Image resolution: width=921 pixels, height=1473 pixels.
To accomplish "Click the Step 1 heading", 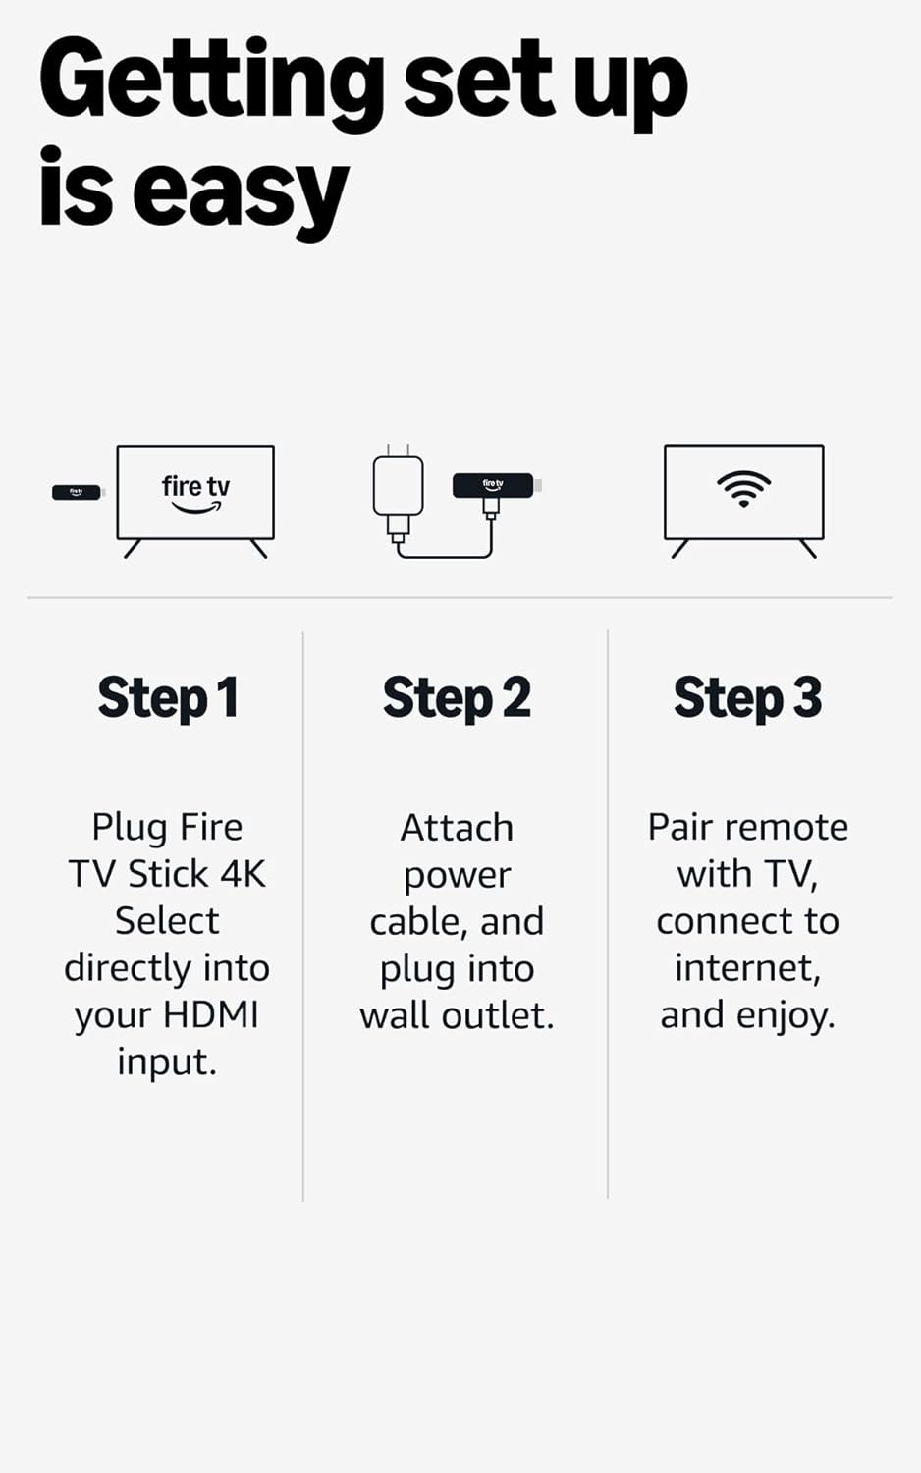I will click(168, 698).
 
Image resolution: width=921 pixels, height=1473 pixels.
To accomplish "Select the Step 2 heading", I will click(457, 698).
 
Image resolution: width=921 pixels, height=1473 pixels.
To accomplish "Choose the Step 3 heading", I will click(747, 698).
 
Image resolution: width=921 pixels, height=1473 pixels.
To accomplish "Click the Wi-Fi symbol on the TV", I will click(743, 487).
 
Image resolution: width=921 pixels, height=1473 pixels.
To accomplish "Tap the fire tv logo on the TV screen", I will click(195, 491).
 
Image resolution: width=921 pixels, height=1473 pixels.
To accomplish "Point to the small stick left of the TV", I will click(77, 492).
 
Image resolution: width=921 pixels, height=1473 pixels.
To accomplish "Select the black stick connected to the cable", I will click(493, 485).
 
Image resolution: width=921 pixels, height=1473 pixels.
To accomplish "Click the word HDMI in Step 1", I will click(210, 1014).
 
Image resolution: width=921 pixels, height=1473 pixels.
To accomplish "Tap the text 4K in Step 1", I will click(242, 873).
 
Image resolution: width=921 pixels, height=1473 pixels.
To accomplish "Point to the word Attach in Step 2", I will click(457, 828).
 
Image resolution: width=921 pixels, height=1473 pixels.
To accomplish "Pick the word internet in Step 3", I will click(746, 968).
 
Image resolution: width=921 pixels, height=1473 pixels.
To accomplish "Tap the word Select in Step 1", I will click(167, 921).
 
